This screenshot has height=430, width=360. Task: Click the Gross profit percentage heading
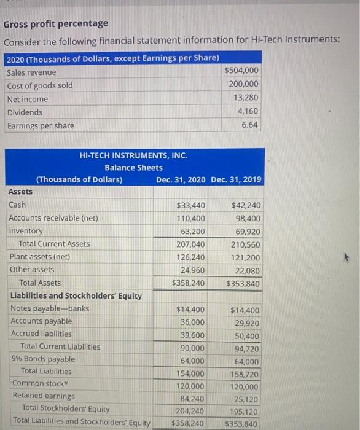(56, 23)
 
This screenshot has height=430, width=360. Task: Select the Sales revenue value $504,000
(241, 71)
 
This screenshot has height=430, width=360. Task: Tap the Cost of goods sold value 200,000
(243, 85)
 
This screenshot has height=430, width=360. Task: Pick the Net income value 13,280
(246, 98)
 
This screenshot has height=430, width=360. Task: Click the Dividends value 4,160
(248, 112)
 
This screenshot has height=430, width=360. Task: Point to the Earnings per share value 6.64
(250, 125)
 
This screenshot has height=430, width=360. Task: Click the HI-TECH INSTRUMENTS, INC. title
(133, 155)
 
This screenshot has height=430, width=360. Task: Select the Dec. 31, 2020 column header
(181, 179)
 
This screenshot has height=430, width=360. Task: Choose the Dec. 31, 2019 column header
(236, 179)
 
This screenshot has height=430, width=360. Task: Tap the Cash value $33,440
(191, 205)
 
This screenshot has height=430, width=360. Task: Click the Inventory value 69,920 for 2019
(248, 232)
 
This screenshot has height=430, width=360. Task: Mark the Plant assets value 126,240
(191, 257)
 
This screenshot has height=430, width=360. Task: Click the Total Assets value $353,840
(243, 283)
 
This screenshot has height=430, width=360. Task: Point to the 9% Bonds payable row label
(43, 359)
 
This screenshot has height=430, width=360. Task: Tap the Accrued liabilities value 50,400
(248, 336)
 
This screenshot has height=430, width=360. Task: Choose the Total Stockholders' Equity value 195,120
(245, 412)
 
